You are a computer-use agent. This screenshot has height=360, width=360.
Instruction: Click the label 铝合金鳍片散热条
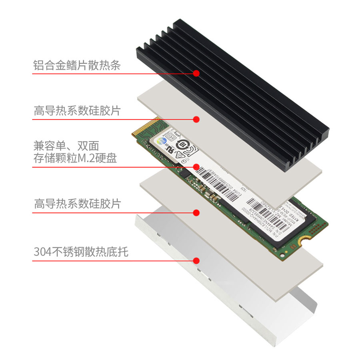[x=77, y=64]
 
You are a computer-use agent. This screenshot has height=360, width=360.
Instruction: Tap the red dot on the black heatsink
[x=196, y=73]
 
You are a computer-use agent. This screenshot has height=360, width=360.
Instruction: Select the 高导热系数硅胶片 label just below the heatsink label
[x=77, y=111]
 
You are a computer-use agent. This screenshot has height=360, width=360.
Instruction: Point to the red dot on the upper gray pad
[x=196, y=119]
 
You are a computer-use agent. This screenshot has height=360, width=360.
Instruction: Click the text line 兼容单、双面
[x=66, y=146]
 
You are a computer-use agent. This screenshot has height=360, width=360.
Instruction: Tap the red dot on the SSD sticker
[x=196, y=166]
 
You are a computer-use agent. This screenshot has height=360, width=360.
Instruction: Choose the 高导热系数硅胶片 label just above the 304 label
[x=77, y=204]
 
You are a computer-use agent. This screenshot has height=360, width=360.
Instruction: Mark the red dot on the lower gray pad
[x=196, y=212]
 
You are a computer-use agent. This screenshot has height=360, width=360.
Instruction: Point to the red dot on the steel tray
[x=196, y=261]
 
